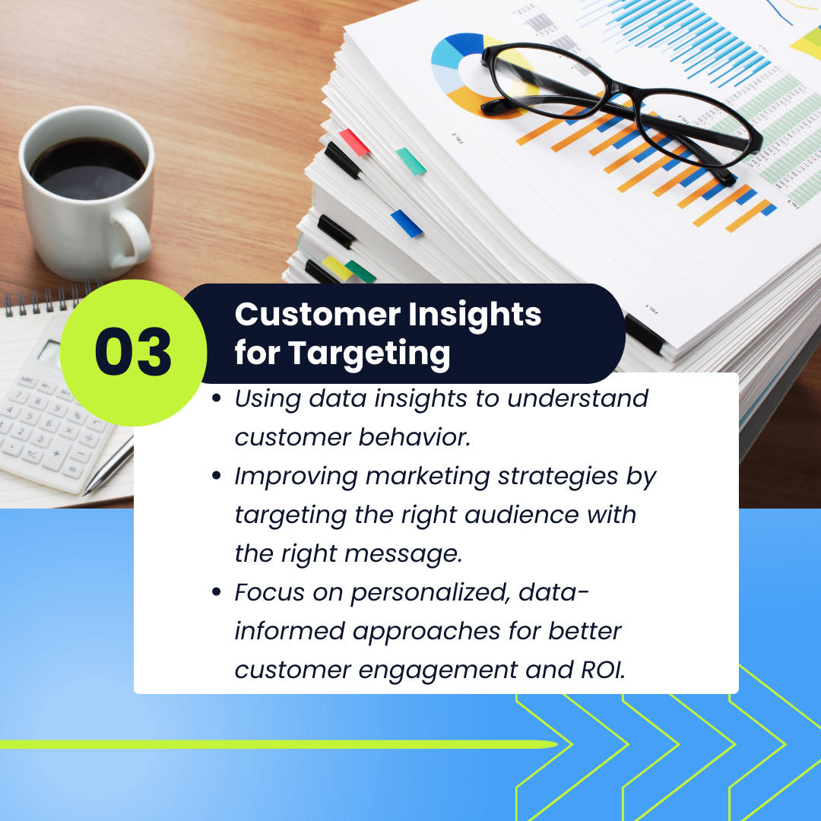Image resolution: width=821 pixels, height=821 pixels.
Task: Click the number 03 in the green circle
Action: click(x=133, y=352)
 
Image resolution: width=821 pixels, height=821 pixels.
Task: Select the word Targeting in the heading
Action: click(x=369, y=354)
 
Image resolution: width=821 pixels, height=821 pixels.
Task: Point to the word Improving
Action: click(x=296, y=477)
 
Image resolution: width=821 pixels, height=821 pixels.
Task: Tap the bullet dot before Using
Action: click(x=216, y=398)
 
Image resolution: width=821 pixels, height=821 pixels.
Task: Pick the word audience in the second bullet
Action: click(x=521, y=515)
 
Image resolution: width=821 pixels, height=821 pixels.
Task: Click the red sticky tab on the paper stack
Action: click(x=354, y=142)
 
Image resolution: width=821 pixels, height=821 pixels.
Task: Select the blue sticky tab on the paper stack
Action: click(x=407, y=223)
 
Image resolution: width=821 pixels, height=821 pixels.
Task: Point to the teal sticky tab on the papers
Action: click(x=411, y=161)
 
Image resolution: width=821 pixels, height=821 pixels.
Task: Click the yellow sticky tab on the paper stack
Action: click(x=336, y=268)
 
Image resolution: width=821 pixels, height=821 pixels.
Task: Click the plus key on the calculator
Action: click(x=56, y=453)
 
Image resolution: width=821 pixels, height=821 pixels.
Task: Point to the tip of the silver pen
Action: click(x=84, y=494)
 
